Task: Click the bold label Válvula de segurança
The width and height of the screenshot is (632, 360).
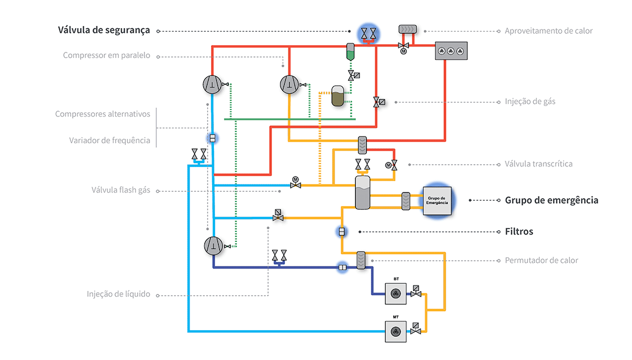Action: [x=104, y=30]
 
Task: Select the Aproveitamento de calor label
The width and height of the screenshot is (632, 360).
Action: [x=548, y=31]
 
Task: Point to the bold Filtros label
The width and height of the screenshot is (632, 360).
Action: [x=519, y=231]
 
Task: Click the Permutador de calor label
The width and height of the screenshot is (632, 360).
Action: [x=541, y=260]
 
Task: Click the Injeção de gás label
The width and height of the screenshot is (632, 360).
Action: [x=530, y=102]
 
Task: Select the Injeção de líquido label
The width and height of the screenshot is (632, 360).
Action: [x=118, y=294]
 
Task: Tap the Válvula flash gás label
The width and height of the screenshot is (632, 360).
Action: [x=121, y=190]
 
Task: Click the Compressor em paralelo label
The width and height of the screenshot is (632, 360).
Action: [x=107, y=56]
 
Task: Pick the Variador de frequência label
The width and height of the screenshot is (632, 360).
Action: [x=109, y=141]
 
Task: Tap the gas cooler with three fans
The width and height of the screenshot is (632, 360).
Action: [x=451, y=51]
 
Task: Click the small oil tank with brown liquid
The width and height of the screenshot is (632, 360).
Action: [x=338, y=96]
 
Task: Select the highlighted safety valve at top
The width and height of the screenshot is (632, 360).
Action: [x=370, y=34]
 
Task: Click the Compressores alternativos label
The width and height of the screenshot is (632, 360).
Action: [x=103, y=114]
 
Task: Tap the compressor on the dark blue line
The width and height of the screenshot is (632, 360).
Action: [x=213, y=245]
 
